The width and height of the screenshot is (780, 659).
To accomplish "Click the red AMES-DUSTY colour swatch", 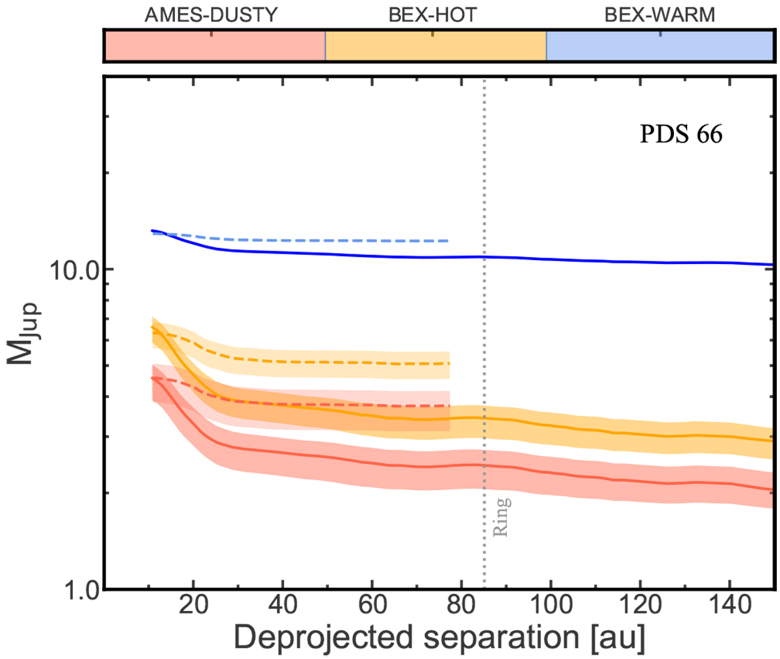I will pyautogui.click(x=214, y=46).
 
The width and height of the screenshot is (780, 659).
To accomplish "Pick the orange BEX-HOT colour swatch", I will pyautogui.click(x=435, y=46).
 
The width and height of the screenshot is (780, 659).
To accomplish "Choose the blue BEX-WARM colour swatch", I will pyautogui.click(x=658, y=46).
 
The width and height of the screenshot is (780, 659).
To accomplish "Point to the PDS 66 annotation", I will pyautogui.click(x=681, y=135).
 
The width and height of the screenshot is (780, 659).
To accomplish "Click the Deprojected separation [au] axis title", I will pyautogui.click(x=439, y=639).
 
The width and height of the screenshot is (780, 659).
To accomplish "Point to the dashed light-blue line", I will pyautogui.click(x=325, y=240).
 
